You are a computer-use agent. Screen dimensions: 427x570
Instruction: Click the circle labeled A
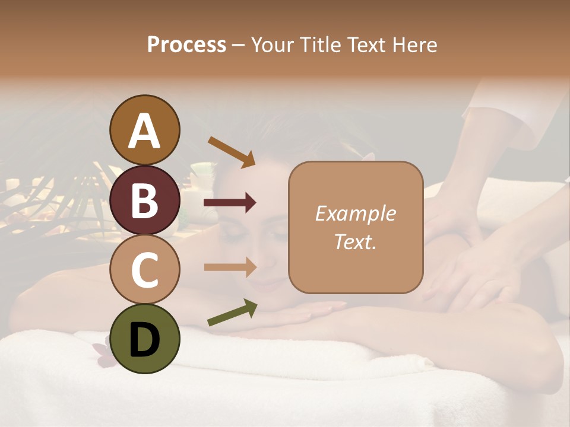coord(144,130)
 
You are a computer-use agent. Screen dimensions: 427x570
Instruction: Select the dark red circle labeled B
coord(144,200)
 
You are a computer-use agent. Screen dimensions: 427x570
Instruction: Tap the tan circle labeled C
coord(144,269)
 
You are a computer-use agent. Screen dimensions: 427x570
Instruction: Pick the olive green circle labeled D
coord(144,339)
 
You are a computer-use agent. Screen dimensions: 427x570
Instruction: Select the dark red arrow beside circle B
coord(230,203)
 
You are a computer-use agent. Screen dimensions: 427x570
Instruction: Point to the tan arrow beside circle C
coord(230,267)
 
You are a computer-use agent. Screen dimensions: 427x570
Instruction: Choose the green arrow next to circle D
coord(232,313)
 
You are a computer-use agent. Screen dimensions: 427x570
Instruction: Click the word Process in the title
coord(186,45)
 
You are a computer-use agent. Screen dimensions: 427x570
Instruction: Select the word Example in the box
coord(355,213)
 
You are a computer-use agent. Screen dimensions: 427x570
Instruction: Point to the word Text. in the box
coord(355,241)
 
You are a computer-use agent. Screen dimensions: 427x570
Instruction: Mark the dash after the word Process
coord(238,46)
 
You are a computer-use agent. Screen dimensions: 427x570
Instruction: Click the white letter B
coord(144,200)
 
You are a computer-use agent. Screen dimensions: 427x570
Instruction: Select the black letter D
coord(144,339)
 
